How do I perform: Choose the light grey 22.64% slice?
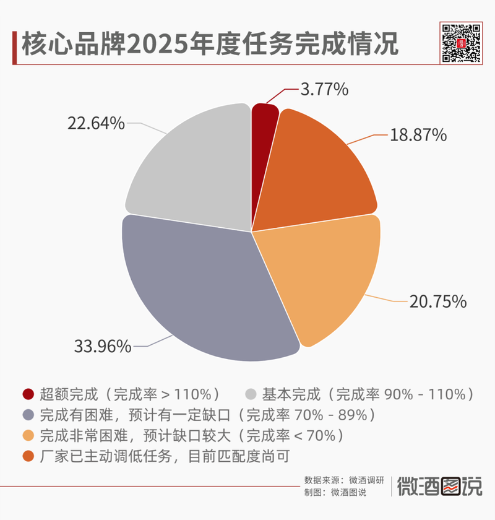pos(192,167)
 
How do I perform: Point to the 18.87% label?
pos(418,135)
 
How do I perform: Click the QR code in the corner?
pos(461,43)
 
